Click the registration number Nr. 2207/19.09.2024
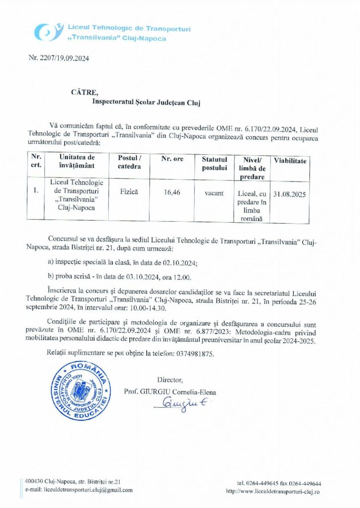pos(59,59)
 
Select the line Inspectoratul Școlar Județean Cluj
pos(145,102)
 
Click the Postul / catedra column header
pos(130,162)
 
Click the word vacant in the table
pos(214,192)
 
